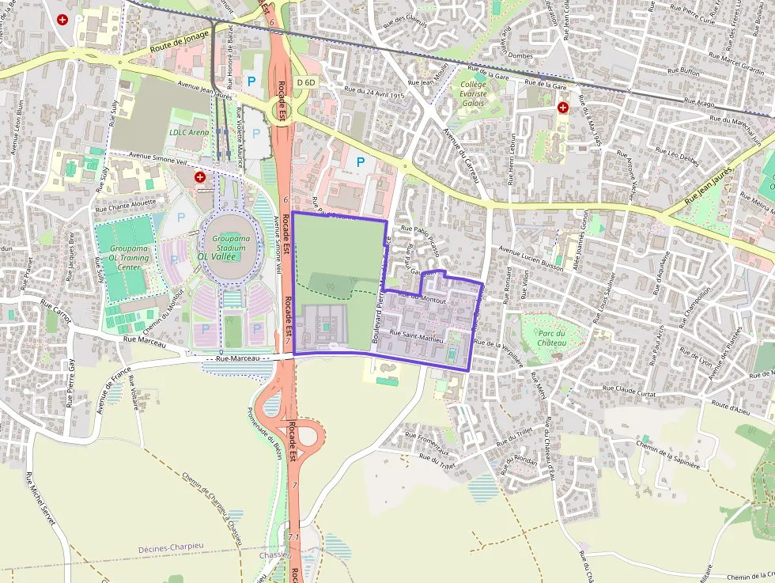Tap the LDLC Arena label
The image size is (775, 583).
189,132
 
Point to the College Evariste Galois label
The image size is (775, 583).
473,93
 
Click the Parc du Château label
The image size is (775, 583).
551,337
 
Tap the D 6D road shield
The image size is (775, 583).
306,82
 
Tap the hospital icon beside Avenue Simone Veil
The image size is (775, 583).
200,177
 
